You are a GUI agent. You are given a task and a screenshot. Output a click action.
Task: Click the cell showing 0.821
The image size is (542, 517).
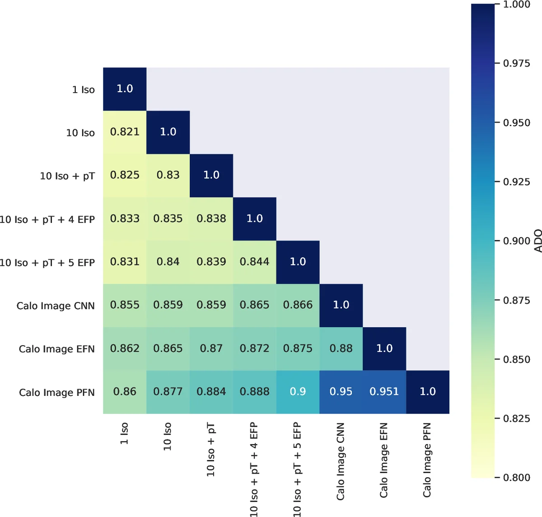tap(125, 132)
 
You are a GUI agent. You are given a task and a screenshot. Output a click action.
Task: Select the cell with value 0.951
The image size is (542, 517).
tap(384, 392)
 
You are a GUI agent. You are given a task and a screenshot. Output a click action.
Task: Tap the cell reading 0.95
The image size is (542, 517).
tap(341, 392)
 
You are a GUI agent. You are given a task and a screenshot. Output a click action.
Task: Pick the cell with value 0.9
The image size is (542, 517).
tap(298, 392)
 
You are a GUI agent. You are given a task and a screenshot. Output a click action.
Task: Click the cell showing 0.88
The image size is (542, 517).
tap(341, 348)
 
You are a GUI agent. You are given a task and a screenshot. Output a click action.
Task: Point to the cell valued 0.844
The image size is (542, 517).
tap(254, 262)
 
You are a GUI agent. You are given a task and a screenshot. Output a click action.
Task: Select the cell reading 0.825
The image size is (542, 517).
tap(125, 175)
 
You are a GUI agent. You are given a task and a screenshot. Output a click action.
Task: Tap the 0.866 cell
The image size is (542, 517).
tap(298, 305)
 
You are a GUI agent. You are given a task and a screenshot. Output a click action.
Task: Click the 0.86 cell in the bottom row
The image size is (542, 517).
tap(125, 392)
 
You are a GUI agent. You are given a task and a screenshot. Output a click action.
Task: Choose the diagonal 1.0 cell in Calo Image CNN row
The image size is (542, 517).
tap(341, 305)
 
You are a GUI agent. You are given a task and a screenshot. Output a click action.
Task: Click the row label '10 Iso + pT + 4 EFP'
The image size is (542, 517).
tap(47, 220)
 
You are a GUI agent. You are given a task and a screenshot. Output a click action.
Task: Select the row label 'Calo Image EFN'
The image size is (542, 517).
tap(56, 349)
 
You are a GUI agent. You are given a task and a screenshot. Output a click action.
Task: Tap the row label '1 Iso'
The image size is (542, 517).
tap(84, 89)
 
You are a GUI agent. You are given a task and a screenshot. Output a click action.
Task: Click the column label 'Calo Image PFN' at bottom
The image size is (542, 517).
tap(427, 460)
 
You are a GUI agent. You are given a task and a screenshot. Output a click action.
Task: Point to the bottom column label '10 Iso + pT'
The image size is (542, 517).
tap(211, 450)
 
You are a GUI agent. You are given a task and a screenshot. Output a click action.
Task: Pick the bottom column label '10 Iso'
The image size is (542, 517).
tap(168, 436)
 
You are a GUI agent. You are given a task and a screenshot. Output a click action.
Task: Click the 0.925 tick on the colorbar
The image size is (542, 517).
tap(517, 182)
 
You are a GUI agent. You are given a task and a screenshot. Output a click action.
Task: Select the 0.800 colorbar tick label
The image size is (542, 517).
tap(517, 477)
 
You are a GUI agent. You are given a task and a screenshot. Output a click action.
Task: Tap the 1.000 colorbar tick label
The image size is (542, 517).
tap(517, 5)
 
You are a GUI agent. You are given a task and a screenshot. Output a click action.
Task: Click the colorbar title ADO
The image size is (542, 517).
tap(537, 241)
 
